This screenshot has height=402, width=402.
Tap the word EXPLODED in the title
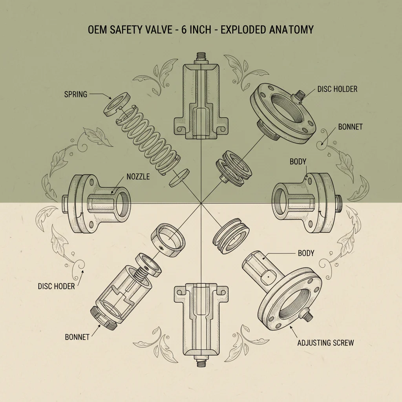pyautogui.click(x=244, y=30)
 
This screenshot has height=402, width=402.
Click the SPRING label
pyautogui.click(x=75, y=94)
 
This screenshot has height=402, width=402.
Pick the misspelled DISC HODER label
pyautogui.click(x=56, y=286)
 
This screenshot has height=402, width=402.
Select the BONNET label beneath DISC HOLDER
pyautogui.click(x=351, y=127)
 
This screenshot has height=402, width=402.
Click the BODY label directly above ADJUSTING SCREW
pyautogui.click(x=306, y=253)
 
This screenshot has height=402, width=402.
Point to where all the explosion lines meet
pyautogui.click(x=201, y=203)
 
